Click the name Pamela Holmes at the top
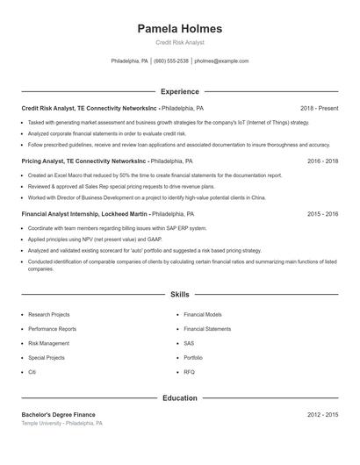pos(179,28)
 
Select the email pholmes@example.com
pos(221,61)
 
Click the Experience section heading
pos(179,91)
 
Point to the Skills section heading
pos(179,295)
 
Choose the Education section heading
pos(179,397)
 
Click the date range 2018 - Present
pos(319,108)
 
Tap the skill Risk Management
pos(48,343)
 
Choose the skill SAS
pos(189,343)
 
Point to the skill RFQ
pos(190,373)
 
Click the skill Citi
pos(32,373)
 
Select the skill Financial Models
pos(203,313)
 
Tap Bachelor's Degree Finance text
pos(58,414)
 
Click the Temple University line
pos(61,423)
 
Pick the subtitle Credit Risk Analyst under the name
pos(179,42)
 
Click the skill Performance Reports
pos(52,328)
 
